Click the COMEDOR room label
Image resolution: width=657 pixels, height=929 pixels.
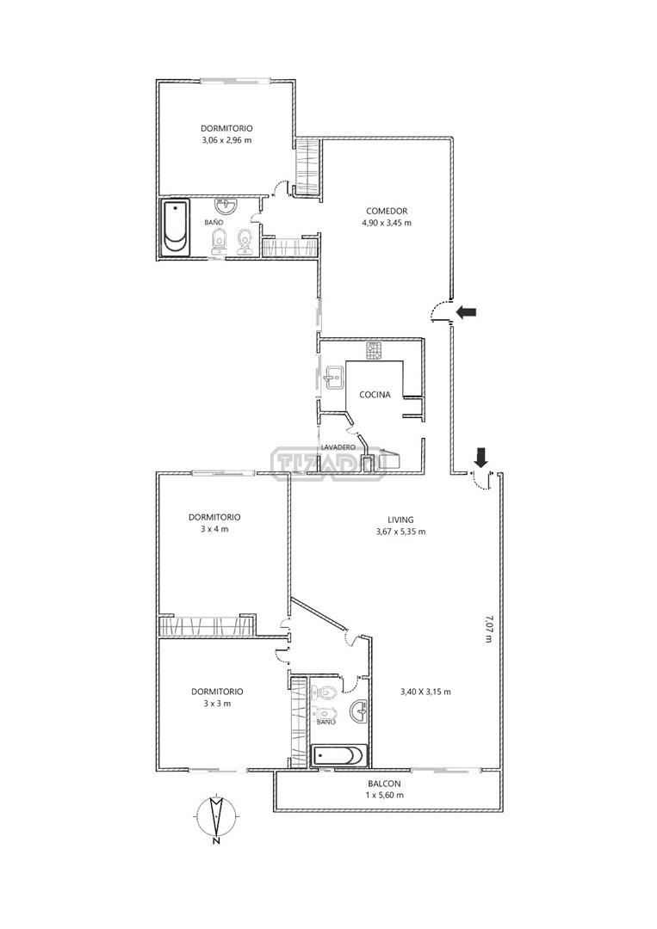[387, 211]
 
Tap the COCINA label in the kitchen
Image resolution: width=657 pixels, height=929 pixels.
[375, 395]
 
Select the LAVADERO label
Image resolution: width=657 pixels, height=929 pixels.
[338, 447]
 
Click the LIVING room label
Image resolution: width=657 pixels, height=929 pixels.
[401, 520]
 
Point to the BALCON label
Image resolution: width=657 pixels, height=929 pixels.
[384, 784]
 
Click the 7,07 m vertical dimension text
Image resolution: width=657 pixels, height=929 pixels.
[488, 629]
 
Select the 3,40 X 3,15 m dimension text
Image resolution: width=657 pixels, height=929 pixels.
[425, 692]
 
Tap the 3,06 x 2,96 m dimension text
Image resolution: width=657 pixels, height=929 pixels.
[226, 140]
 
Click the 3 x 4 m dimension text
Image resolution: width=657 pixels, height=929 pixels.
[214, 529]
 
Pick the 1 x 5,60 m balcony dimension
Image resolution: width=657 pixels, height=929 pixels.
[384, 795]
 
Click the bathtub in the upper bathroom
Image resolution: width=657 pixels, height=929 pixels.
[177, 228]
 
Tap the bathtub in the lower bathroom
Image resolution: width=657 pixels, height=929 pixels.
[339, 756]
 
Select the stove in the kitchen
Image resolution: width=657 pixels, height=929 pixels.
[375, 351]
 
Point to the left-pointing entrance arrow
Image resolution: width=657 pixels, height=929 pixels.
[466, 311]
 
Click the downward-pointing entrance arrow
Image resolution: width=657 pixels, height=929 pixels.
[480, 457]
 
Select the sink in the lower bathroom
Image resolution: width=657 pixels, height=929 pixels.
[358, 711]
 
